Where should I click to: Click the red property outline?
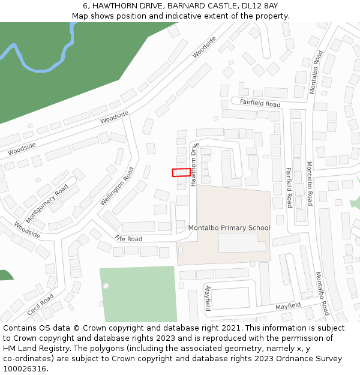(x=181, y=172)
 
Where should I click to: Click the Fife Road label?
(x=128, y=238)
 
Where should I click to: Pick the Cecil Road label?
(x=40, y=305)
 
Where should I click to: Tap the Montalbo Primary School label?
(x=229, y=228)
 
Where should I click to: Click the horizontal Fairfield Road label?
(x=260, y=103)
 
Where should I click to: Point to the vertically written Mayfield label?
(x=208, y=298)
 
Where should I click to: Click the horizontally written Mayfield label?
(x=288, y=306)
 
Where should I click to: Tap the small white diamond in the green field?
(x=106, y=286)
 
